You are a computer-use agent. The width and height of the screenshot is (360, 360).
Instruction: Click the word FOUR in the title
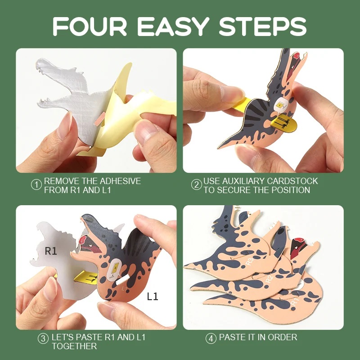point(90,27)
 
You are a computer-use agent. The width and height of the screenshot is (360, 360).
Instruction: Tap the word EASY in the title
point(173,27)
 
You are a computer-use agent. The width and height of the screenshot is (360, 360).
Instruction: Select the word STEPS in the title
point(263,27)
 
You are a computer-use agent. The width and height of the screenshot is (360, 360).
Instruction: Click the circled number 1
point(36,185)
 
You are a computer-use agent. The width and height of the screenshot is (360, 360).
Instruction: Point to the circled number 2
point(197,185)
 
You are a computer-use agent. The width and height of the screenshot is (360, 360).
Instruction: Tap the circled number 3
point(43,339)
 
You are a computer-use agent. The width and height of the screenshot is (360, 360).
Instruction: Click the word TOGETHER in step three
point(74,346)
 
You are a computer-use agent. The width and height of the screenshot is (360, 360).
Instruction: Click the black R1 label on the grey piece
point(51,251)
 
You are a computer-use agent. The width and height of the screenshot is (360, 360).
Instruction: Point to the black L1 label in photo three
point(153,297)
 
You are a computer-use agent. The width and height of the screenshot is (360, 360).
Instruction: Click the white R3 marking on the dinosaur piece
point(250,261)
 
